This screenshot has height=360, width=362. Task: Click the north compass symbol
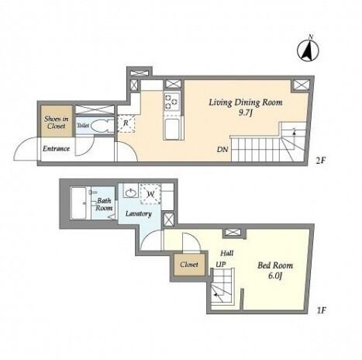[308, 50]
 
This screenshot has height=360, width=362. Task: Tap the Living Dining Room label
[246, 102]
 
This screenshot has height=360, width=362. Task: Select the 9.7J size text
[245, 113]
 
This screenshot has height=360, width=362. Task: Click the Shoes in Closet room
[57, 121]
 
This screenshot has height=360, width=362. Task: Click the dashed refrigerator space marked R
[126, 123]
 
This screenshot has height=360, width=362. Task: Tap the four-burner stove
[172, 102]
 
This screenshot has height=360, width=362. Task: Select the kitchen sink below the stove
[172, 129]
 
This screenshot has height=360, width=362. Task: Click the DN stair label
[222, 149]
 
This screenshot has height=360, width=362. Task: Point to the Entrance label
[57, 149]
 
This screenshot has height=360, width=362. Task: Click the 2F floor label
[320, 161]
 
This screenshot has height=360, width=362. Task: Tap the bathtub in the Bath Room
[78, 203]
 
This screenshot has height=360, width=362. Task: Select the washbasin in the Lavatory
[131, 192]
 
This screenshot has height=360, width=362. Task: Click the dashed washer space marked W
[150, 194]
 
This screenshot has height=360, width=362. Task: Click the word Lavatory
[139, 214]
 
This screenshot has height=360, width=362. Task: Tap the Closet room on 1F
[189, 265]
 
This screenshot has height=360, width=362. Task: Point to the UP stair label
[221, 265]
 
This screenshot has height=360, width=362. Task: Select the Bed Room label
[275, 265]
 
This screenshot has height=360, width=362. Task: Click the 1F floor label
[322, 310]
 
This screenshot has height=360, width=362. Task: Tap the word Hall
[227, 253]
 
